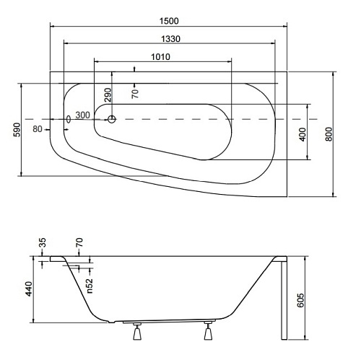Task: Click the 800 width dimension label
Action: [329, 133]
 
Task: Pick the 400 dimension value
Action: [303, 133]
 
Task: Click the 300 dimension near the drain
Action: [82, 115]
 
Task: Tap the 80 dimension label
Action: [38, 129]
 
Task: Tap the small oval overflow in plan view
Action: [68, 120]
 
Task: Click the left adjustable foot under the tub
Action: [136, 333]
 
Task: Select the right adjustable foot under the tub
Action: [209, 333]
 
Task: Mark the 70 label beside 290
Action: [135, 92]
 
